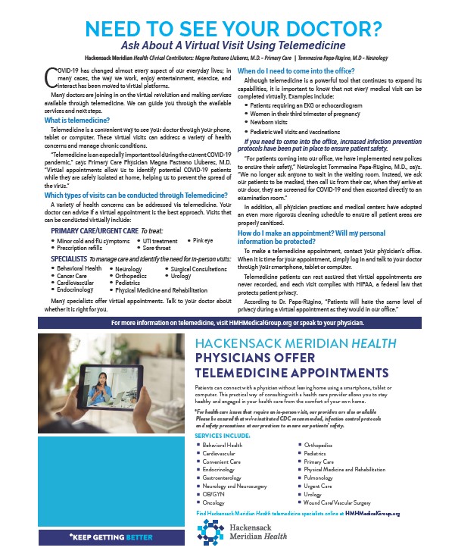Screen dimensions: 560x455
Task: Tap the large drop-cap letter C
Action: pos(52,75)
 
